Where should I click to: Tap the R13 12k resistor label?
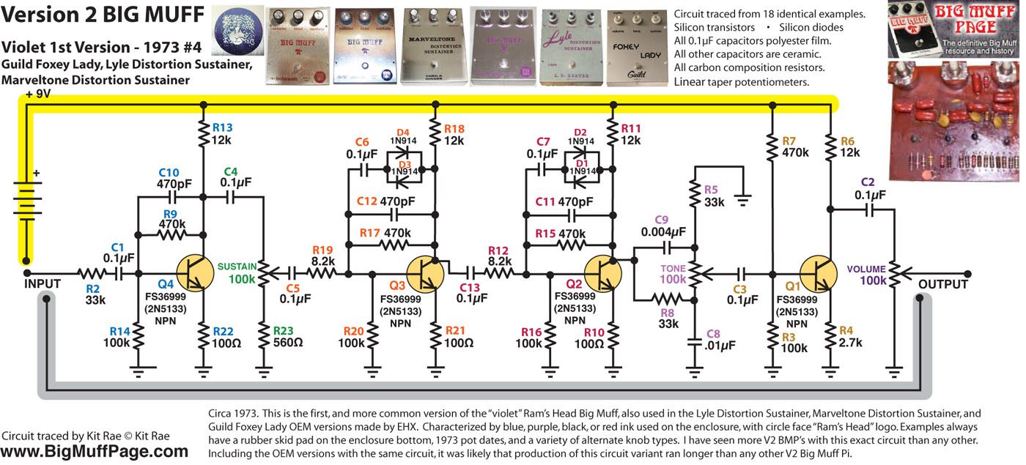222,133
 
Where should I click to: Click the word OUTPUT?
943,283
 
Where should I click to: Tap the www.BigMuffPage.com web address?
95,452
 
